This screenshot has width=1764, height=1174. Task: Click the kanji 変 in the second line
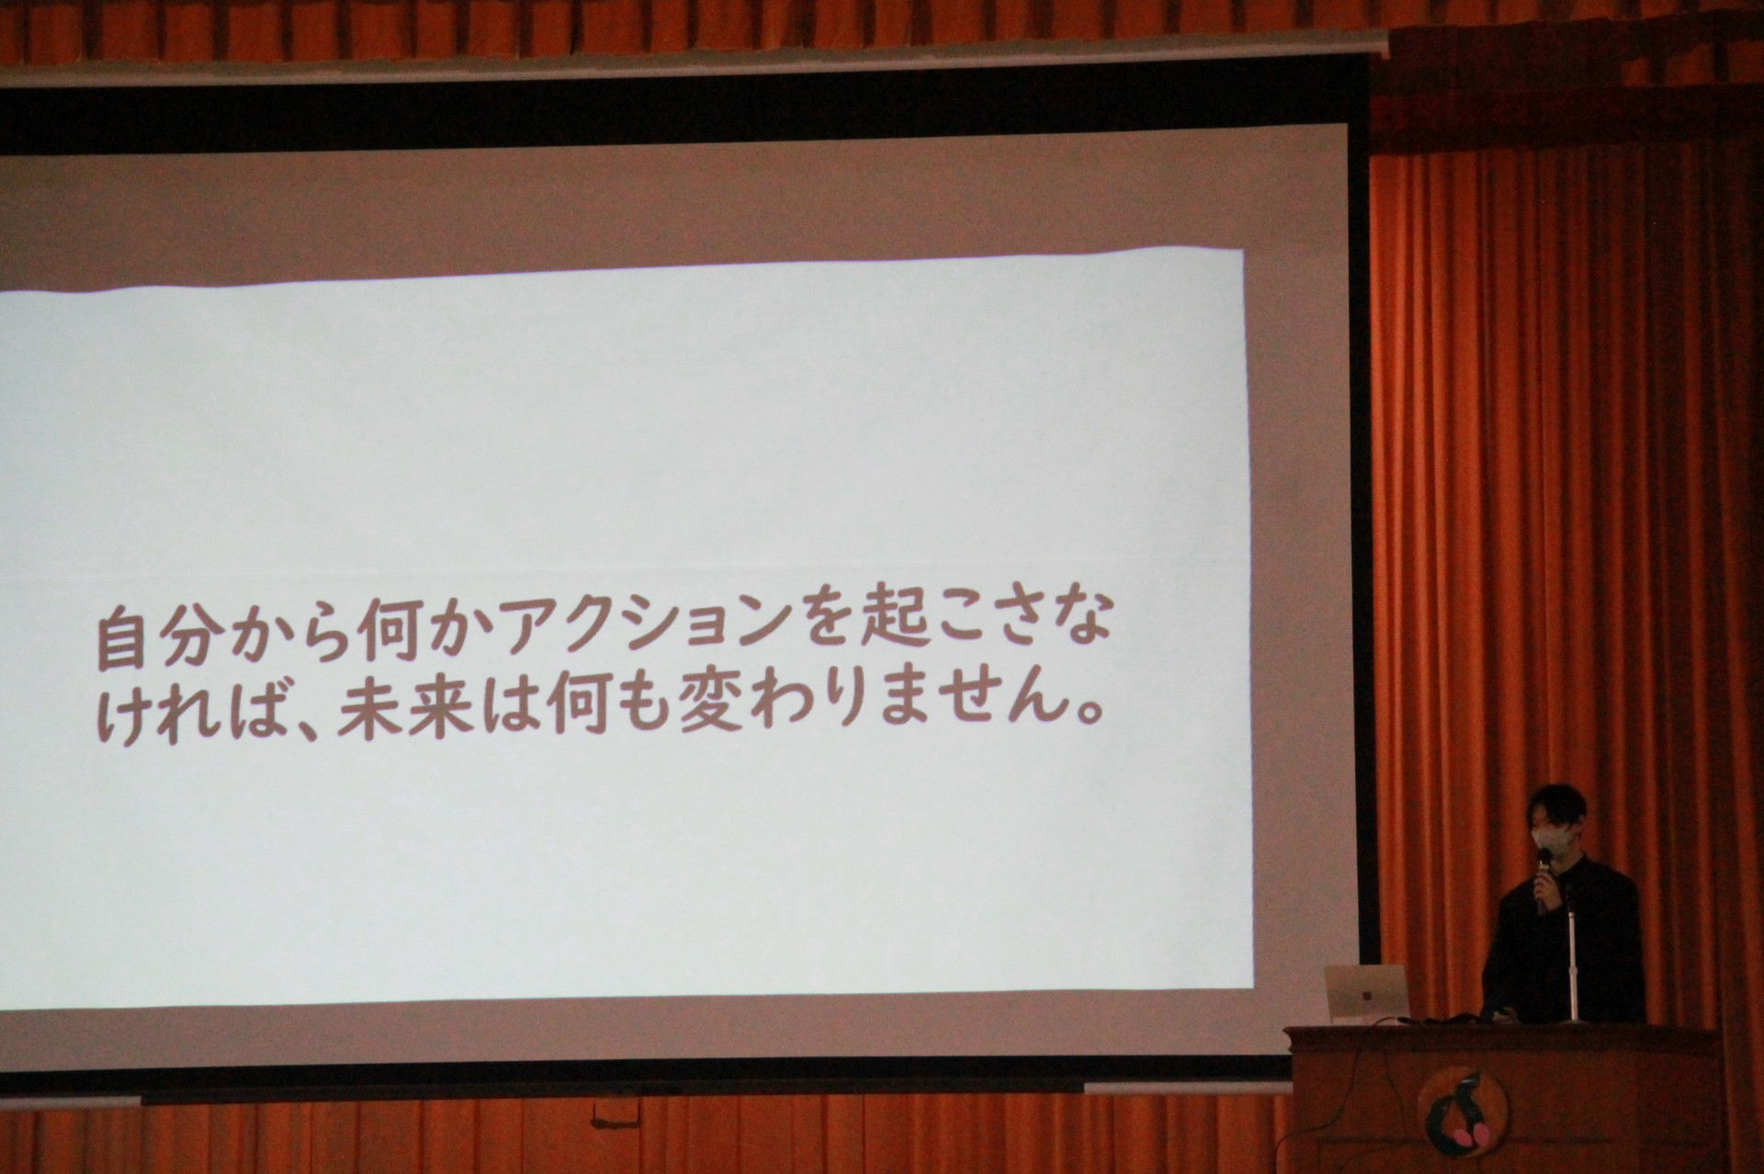coord(708,710)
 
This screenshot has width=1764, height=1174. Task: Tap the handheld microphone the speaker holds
coord(1543,875)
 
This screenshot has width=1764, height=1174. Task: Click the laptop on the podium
coord(1366,993)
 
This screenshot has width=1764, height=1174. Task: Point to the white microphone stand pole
coord(1572,960)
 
